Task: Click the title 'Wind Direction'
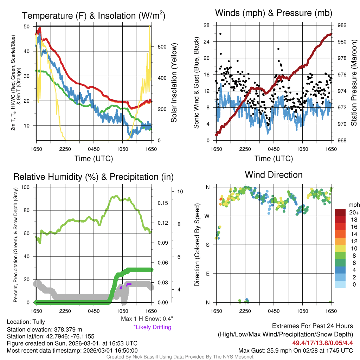coord(274,175)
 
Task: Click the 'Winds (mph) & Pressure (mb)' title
coord(274,13)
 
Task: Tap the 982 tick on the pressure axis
coord(340,25)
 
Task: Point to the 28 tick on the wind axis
coord(207,25)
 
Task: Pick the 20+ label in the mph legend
coord(354,212)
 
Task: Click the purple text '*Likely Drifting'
coord(152,327)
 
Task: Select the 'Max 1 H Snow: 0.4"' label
coord(147,319)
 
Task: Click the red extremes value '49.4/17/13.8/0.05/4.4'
coord(322,343)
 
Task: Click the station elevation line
coord(44,329)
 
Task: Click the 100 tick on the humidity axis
coord(26,187)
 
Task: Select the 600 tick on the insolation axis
coord(161,47)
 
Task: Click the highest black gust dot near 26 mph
coord(220,34)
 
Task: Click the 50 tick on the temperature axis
coord(26,26)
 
